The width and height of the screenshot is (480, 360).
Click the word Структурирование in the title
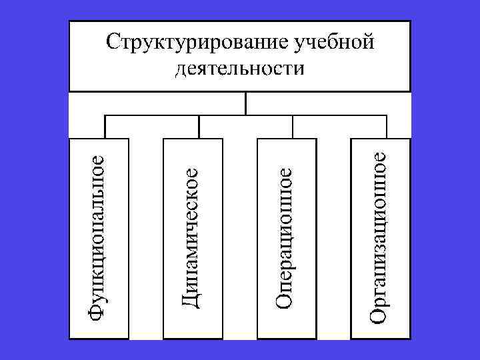pos(197,41)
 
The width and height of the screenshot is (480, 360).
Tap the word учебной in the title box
pos(332,41)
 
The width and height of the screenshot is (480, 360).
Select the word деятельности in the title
pos(239,68)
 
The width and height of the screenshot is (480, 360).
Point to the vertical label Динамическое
pos(191,237)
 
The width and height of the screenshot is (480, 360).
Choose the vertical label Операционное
pos(285,237)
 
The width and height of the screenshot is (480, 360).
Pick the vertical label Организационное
pos(378,237)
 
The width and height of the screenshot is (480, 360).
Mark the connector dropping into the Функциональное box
pos(105,127)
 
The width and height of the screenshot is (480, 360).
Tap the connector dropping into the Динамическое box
pos(199,127)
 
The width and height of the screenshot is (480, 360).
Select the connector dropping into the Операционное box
pos(293,127)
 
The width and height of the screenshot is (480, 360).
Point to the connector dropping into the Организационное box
pos(387,127)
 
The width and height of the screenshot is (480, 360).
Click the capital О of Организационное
pos(378,315)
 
